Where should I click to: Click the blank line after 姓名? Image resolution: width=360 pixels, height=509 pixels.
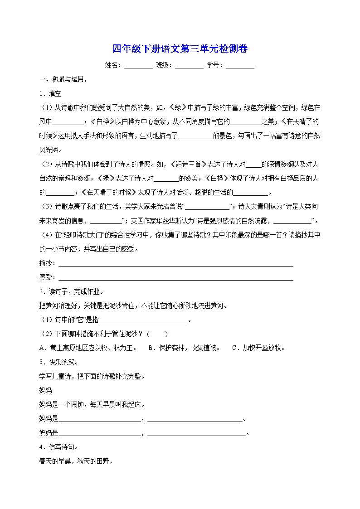point(138,66)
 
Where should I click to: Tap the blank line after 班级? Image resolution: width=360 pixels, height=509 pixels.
point(189,66)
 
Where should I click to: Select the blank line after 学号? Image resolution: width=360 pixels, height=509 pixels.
point(240,66)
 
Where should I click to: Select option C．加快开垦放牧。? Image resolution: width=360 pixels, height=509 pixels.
point(258,348)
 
